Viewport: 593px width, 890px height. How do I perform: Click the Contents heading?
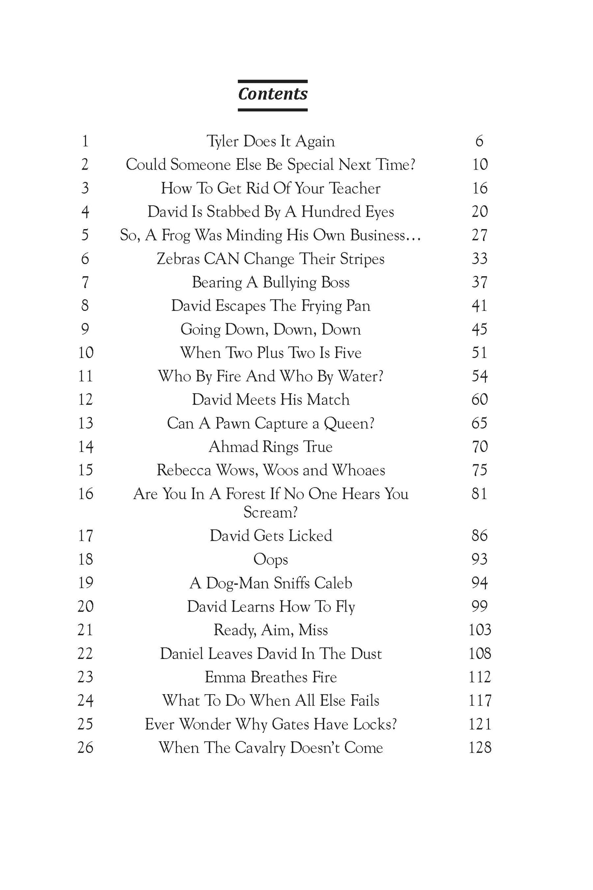pyautogui.click(x=272, y=94)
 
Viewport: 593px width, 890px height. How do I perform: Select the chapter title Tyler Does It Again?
pyautogui.click(x=270, y=141)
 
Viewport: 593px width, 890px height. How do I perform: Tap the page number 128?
pyautogui.click(x=480, y=747)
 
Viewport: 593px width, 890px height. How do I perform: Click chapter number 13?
pyautogui.click(x=85, y=423)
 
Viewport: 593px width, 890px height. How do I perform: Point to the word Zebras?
pyautogui.click(x=178, y=259)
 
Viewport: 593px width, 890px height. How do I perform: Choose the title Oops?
pyautogui.click(x=270, y=559)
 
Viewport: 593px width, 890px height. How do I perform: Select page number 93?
pyautogui.click(x=479, y=559)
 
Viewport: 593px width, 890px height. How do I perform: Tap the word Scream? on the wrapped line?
pyautogui.click(x=270, y=512)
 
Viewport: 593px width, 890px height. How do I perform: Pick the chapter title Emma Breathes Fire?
pyautogui.click(x=270, y=677)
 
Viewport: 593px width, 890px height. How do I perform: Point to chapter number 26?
pyautogui.click(x=85, y=747)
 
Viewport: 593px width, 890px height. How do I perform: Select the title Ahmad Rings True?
pyautogui.click(x=270, y=447)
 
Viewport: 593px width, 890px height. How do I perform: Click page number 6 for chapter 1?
pyautogui.click(x=479, y=141)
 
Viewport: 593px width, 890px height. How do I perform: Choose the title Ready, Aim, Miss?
pyautogui.click(x=270, y=630)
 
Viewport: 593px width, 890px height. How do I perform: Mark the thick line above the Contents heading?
pyautogui.click(x=272, y=81)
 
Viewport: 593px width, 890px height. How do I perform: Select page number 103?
pyautogui.click(x=480, y=630)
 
